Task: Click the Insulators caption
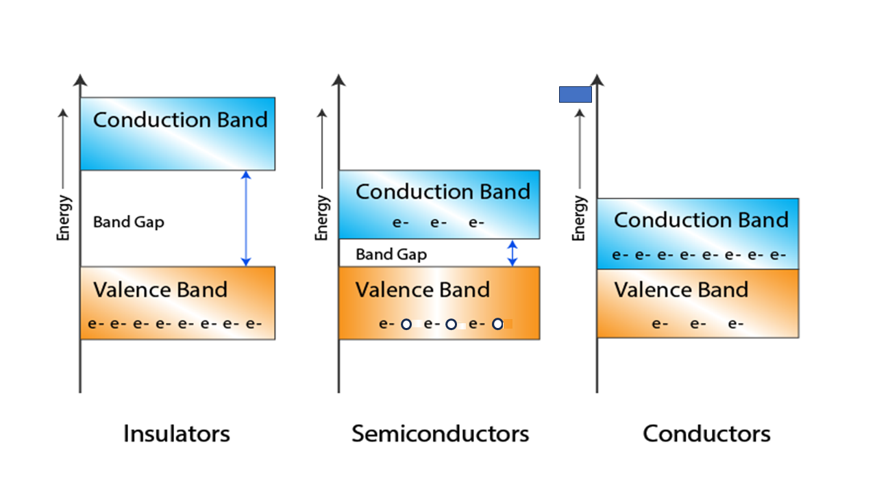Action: click(176, 433)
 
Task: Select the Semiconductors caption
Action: click(440, 433)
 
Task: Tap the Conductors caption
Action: click(706, 433)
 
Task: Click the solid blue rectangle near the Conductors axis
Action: click(575, 94)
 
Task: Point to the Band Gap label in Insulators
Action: click(129, 222)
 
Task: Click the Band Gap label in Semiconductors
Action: click(391, 255)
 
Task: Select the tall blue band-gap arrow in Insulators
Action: click(247, 218)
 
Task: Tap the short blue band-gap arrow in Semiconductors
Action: click(512, 253)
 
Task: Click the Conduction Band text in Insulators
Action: click(180, 120)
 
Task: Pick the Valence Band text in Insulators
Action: click(160, 290)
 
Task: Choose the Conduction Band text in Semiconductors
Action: click(443, 192)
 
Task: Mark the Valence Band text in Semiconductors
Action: click(423, 290)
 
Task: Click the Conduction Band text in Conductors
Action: click(701, 220)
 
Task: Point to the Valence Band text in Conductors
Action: click(681, 290)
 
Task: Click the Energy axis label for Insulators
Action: click(64, 218)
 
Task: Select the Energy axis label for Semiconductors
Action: click(322, 218)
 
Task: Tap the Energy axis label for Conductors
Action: click(580, 218)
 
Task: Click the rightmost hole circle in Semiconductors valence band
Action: click(497, 324)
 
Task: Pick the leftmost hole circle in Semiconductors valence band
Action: click(406, 324)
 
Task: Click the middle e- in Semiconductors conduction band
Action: click(438, 223)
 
